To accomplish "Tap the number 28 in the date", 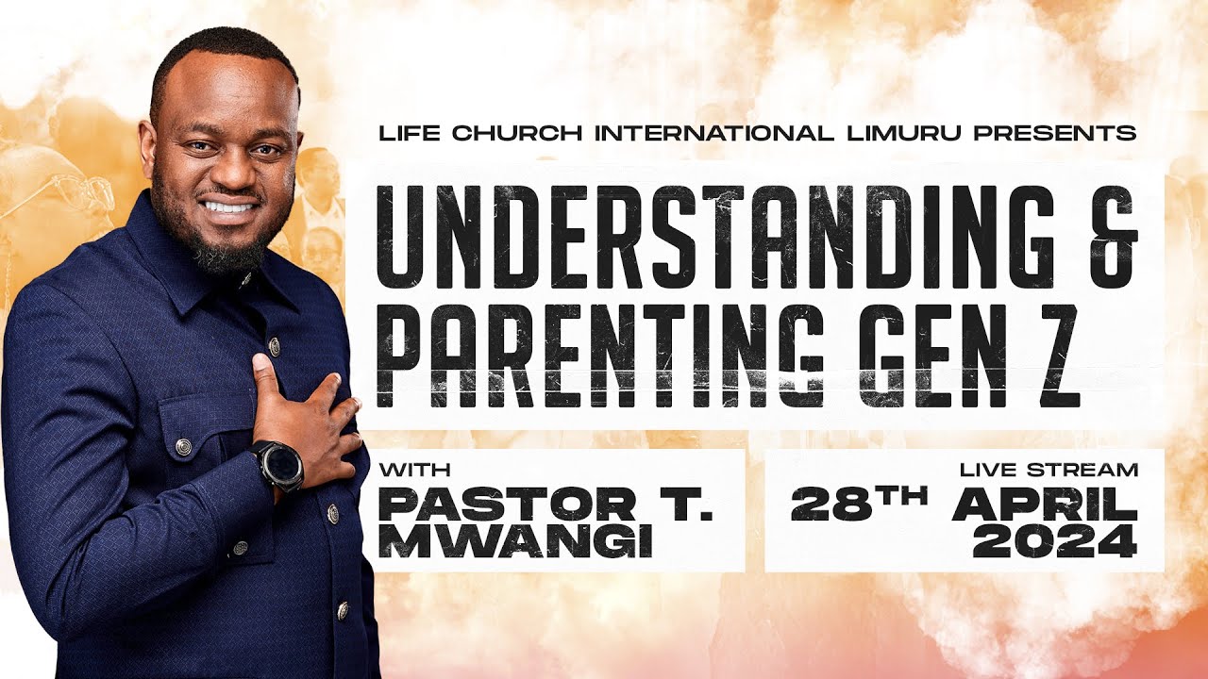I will point(827,505).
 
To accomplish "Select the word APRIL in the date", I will point(1045,505).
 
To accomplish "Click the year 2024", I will point(1054,542).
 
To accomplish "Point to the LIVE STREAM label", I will point(1049,469).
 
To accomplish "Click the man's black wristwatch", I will point(278,464).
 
